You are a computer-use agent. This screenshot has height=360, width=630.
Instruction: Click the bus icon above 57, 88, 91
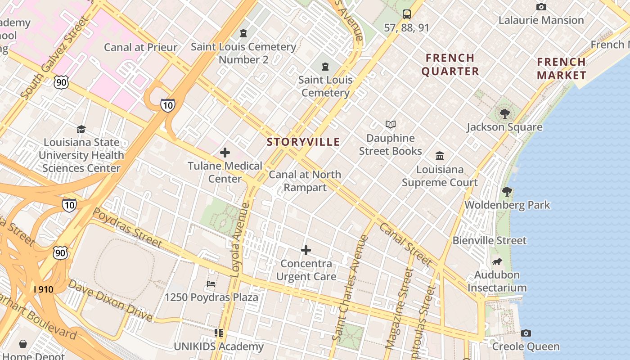407,14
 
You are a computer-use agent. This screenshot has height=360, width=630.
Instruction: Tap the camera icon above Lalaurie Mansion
541,7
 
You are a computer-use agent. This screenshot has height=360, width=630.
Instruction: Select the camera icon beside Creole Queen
526,333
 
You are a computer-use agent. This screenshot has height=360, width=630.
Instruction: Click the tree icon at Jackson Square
504,113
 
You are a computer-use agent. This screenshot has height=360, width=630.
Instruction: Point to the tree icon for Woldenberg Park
507,192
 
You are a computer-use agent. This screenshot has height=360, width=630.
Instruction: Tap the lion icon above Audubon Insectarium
497,261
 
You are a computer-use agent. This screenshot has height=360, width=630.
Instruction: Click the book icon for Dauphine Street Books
391,124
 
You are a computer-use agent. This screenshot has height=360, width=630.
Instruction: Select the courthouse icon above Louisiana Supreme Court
440,156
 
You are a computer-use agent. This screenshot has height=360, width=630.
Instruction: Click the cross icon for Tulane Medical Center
225,153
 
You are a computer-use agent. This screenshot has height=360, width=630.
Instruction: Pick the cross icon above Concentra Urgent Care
306,250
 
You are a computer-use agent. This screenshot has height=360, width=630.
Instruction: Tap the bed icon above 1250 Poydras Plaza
211,284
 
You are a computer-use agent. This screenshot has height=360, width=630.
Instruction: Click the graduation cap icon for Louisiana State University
81,129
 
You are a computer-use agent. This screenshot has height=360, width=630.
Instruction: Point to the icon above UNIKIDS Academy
219,333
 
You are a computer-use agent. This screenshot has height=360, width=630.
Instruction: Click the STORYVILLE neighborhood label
303,142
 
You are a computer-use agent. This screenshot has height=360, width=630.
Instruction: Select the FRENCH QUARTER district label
450,64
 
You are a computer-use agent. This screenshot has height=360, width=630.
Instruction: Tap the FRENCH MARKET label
562,68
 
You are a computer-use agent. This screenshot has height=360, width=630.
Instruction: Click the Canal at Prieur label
140,47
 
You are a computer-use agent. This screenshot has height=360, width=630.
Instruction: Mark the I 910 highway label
43,289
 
